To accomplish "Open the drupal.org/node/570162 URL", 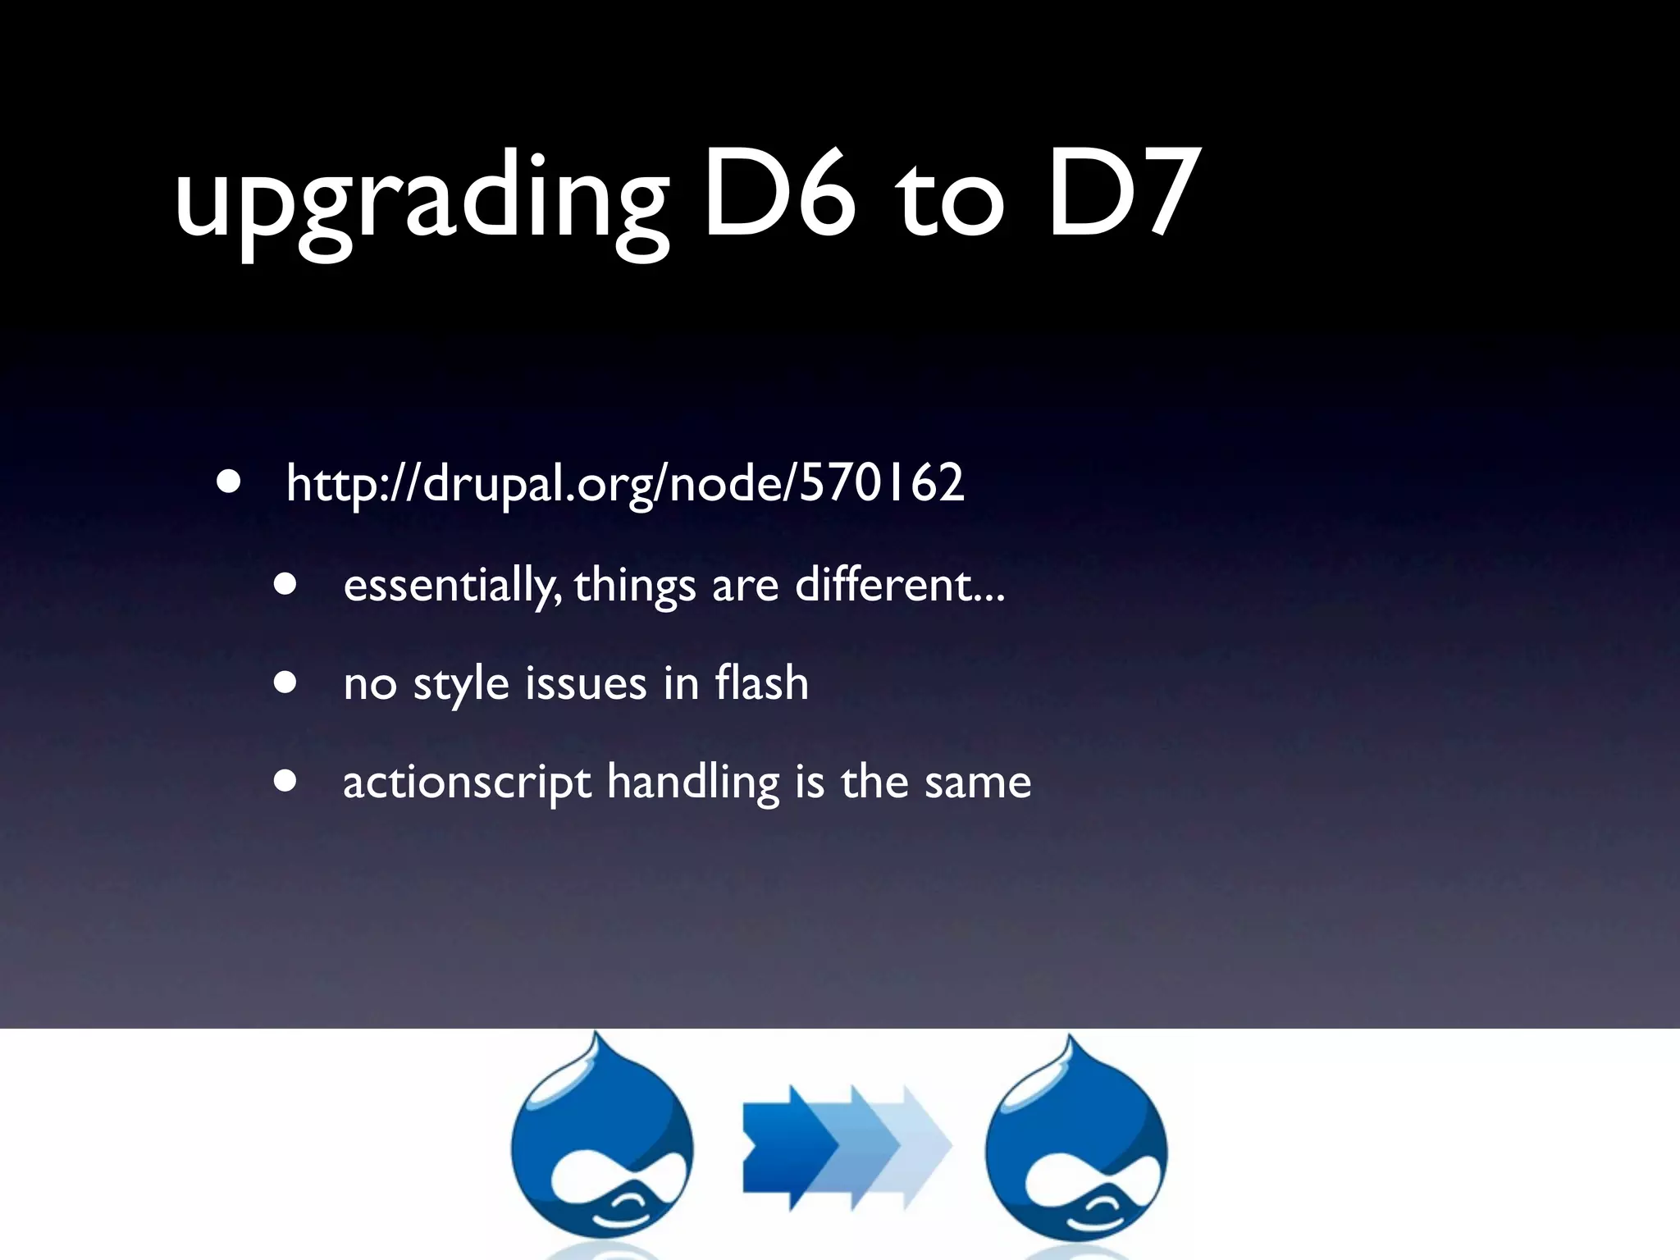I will (625, 483).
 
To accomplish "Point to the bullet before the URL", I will (229, 482).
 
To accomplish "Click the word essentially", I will (452, 586).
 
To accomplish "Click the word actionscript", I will (467, 783).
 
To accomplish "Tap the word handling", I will (693, 783).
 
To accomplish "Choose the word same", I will (977, 783).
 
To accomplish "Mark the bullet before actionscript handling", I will (285, 782).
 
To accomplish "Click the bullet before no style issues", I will (285, 682).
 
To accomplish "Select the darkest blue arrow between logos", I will (783, 1146).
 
